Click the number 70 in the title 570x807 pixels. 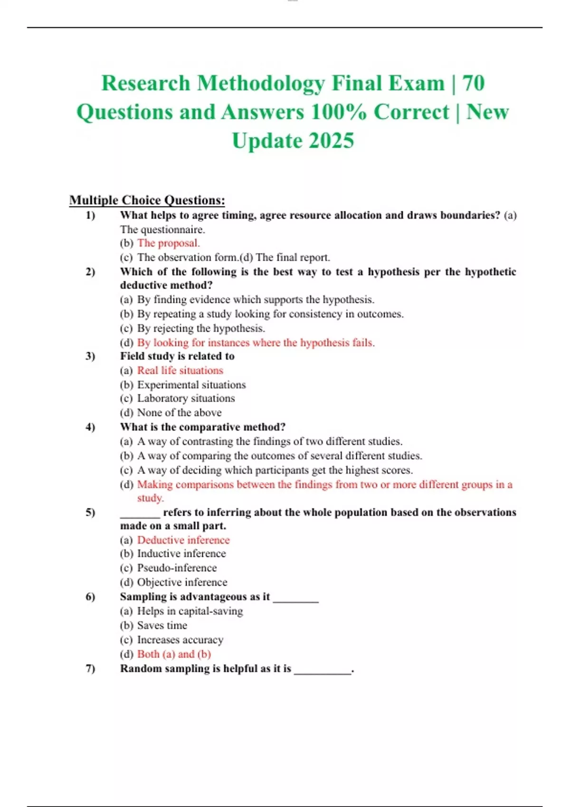coord(473,83)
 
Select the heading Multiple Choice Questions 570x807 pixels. coord(147,200)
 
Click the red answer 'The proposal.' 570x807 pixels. coord(168,243)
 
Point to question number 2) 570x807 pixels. coord(90,272)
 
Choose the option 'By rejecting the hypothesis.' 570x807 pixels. coord(201,328)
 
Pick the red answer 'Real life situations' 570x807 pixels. coord(180,370)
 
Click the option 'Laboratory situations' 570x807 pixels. coord(186,398)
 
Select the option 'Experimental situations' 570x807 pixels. coord(191,385)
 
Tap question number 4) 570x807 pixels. coord(90,427)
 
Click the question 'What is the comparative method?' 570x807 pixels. coord(203,427)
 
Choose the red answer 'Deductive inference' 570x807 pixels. coord(183,540)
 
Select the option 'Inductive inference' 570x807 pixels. coord(181,554)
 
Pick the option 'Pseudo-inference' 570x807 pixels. coord(177,568)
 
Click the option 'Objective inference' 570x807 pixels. coord(182,582)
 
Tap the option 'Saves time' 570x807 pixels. coord(162,625)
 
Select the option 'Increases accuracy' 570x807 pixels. coord(180,639)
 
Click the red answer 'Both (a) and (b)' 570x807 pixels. coord(174,654)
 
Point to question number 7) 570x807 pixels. coord(90,668)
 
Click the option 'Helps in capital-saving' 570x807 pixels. coord(190,611)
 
